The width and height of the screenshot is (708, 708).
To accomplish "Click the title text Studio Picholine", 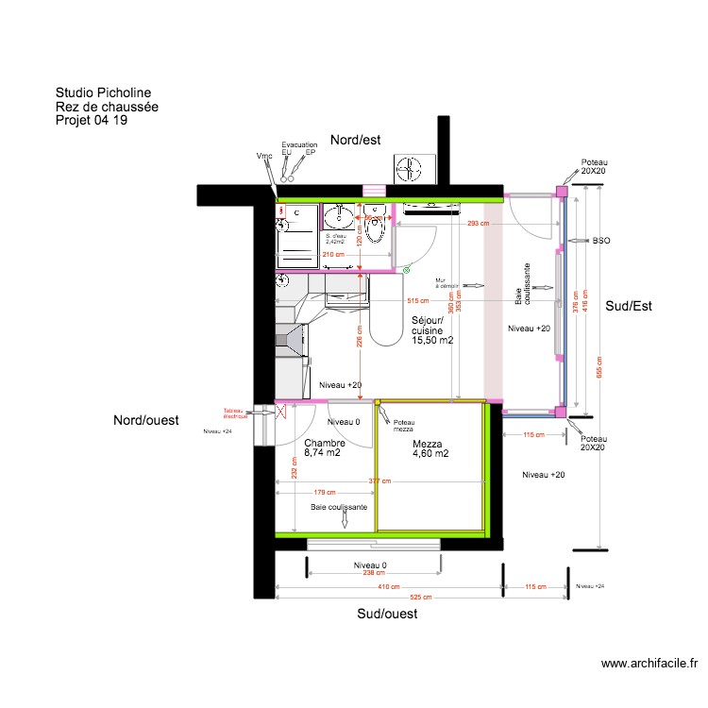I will tap(103, 93).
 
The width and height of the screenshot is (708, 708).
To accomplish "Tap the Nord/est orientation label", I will tap(354, 140).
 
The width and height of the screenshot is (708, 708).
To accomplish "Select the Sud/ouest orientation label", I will tap(387, 614).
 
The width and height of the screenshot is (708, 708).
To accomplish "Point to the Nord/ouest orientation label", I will tap(146, 420).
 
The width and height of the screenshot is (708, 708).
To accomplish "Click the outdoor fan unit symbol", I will tap(411, 169).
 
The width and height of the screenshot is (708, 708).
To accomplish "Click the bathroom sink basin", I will tap(338, 219).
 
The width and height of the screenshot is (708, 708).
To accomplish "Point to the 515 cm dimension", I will tap(418, 301).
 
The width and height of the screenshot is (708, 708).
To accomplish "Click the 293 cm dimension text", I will tap(479, 224).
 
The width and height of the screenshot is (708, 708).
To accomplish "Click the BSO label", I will tap(601, 242).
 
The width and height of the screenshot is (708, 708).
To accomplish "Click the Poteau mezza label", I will tap(404, 426).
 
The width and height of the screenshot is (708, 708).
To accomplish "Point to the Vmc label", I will tap(264, 155).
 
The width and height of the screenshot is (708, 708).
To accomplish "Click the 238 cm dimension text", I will tap(375, 573).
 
